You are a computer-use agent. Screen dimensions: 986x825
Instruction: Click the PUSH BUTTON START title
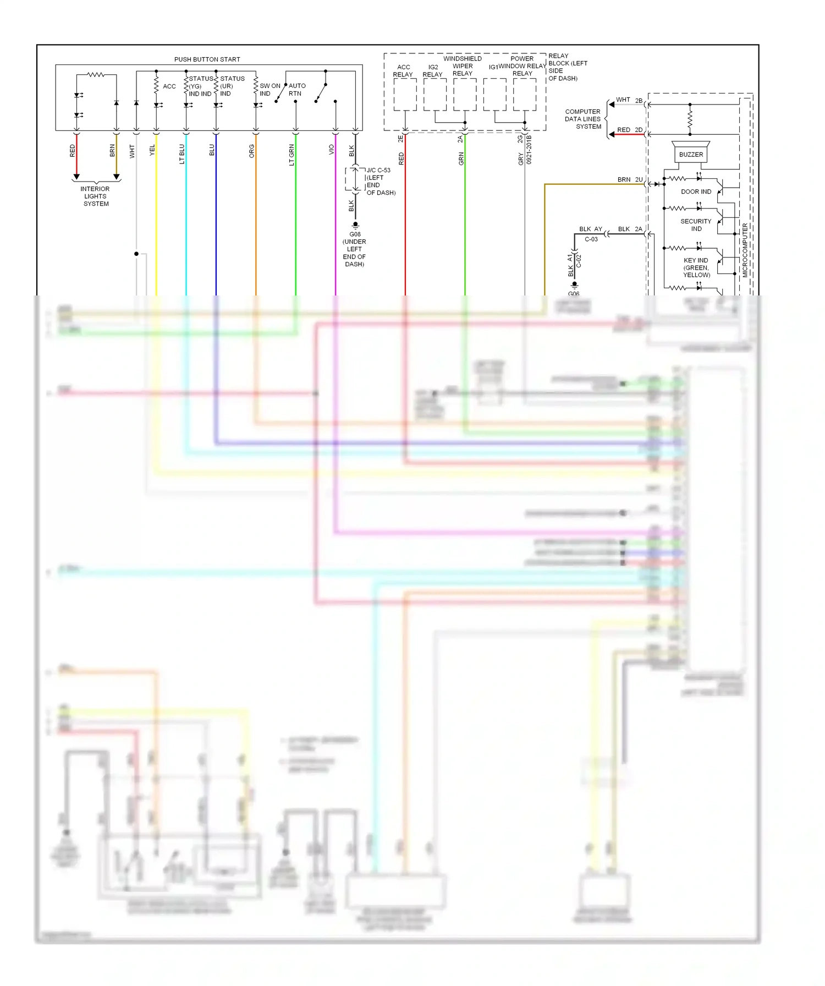click(x=207, y=59)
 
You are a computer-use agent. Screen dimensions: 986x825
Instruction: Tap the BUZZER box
click(x=691, y=155)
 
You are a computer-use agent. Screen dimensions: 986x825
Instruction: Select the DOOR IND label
click(x=696, y=192)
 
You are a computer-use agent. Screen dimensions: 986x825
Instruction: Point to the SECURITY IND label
click(x=696, y=225)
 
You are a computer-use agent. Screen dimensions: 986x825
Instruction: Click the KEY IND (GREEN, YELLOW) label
click(x=696, y=268)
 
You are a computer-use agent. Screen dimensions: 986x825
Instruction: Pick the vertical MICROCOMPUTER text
click(x=745, y=250)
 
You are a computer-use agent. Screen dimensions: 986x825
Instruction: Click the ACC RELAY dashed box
click(x=405, y=95)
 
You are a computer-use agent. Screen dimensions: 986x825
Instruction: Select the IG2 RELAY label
click(x=433, y=71)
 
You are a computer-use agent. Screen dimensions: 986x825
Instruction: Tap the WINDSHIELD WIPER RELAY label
click(x=463, y=66)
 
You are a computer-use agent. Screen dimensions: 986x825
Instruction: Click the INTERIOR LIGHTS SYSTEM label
click(x=96, y=196)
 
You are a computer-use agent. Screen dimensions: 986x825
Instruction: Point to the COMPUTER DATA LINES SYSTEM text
click(x=582, y=119)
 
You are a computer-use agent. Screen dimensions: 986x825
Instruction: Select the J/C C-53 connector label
click(x=378, y=171)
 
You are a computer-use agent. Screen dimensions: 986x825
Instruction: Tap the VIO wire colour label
click(x=331, y=150)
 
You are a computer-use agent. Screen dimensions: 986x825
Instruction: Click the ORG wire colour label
click(x=252, y=151)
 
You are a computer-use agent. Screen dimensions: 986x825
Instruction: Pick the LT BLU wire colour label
click(x=182, y=154)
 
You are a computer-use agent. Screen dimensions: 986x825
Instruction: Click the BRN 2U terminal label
click(x=630, y=180)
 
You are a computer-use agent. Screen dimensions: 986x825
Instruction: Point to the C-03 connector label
click(x=591, y=239)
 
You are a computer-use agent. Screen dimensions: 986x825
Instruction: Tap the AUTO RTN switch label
click(x=296, y=90)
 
